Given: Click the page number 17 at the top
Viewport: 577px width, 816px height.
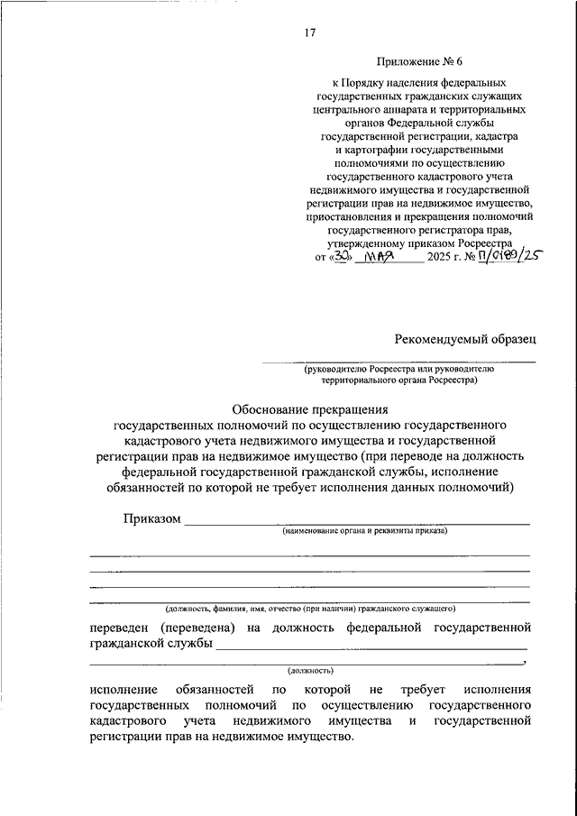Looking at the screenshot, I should tap(309, 32).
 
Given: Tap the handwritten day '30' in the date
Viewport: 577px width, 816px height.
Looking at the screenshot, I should tap(341, 256).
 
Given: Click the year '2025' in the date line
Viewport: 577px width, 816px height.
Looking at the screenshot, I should tap(441, 257).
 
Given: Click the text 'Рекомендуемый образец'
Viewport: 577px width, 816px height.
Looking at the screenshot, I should tap(464, 339).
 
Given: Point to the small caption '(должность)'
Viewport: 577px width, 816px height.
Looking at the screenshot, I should tap(310, 671).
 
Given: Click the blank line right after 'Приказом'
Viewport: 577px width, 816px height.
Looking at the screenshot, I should tap(356, 523).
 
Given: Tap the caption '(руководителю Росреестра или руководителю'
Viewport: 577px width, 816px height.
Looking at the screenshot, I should tap(398, 369).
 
